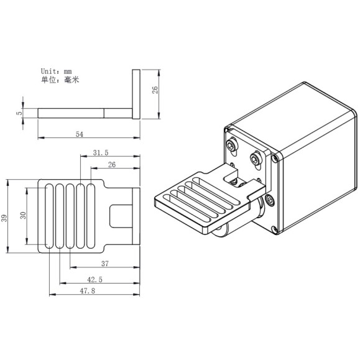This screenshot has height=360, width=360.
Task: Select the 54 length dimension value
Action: point(80,133)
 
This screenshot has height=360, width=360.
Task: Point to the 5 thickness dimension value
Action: point(19,113)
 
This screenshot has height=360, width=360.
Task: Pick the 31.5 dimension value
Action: point(101,152)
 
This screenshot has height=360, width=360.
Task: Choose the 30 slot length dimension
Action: point(22,215)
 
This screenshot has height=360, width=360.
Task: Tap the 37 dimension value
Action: point(104,264)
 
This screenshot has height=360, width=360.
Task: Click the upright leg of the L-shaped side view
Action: point(136,93)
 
